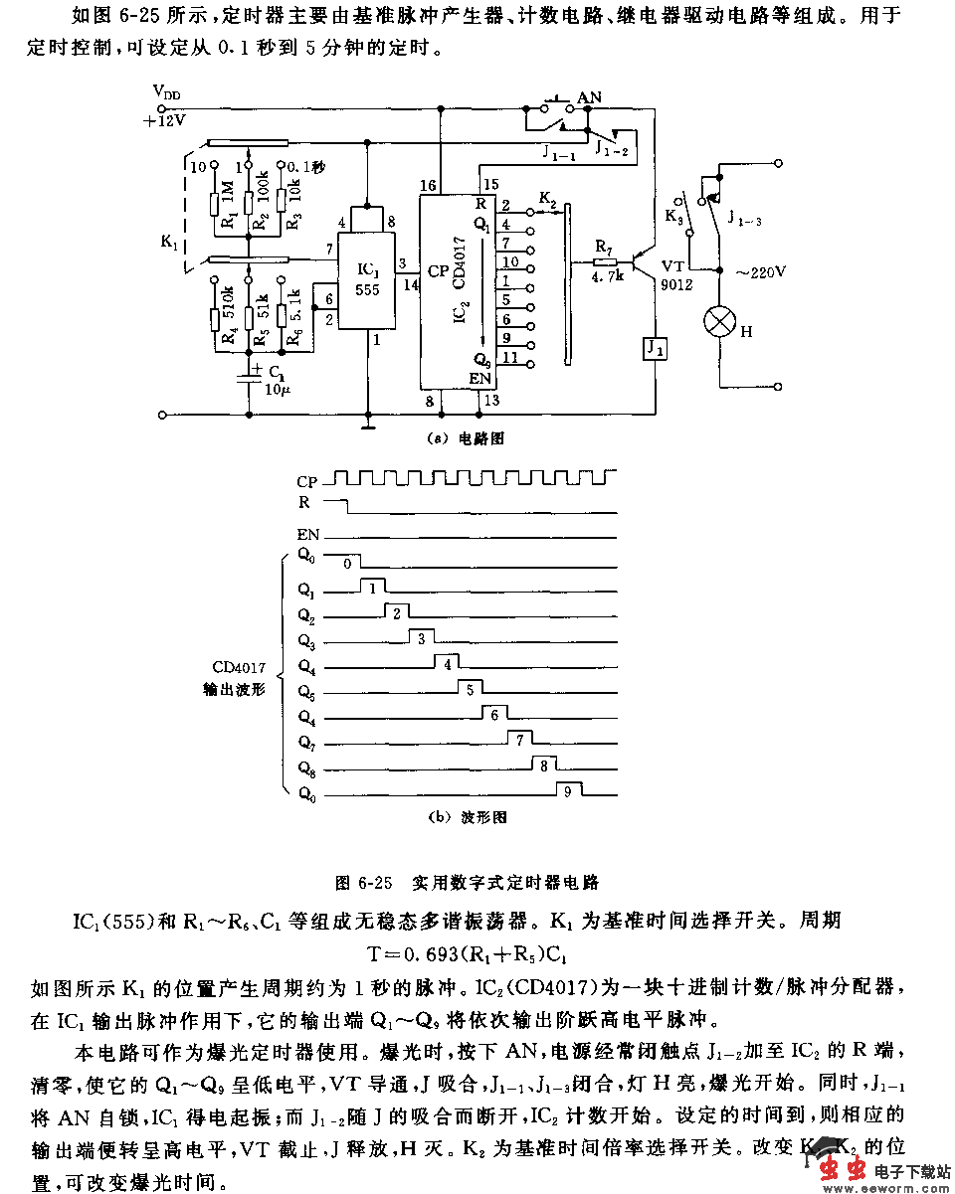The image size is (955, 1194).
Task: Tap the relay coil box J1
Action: (x=655, y=349)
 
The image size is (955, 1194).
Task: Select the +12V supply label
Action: (x=165, y=119)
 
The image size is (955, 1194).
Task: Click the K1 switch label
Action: (x=168, y=240)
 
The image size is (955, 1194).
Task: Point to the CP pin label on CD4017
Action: (x=437, y=270)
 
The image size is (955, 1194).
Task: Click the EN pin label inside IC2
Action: (x=480, y=378)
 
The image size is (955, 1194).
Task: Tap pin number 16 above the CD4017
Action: (x=428, y=186)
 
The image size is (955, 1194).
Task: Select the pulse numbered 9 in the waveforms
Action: (x=566, y=792)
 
